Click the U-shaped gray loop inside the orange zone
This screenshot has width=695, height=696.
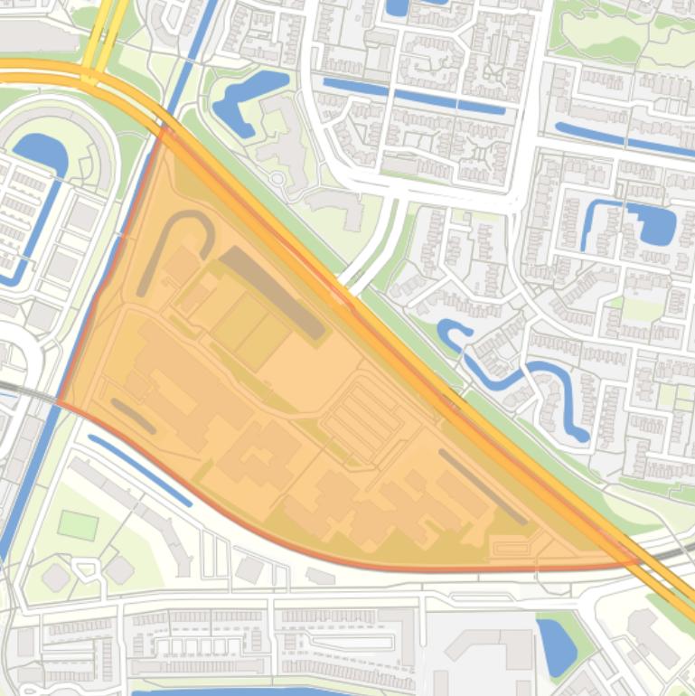181,221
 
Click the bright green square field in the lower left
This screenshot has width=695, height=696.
78,524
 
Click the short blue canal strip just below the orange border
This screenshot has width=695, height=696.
140,470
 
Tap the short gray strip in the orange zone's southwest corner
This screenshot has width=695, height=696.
132,416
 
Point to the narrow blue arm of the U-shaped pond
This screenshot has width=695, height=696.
592,226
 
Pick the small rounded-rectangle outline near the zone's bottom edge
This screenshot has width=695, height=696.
511,547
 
